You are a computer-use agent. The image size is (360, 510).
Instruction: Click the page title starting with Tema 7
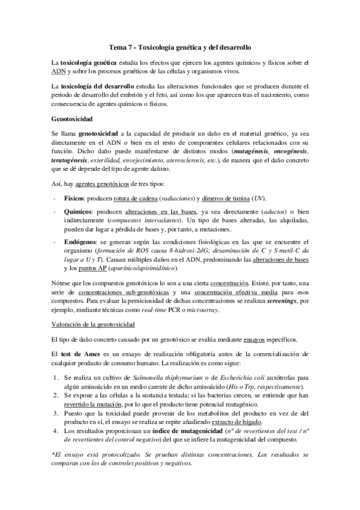coord(180,46)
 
